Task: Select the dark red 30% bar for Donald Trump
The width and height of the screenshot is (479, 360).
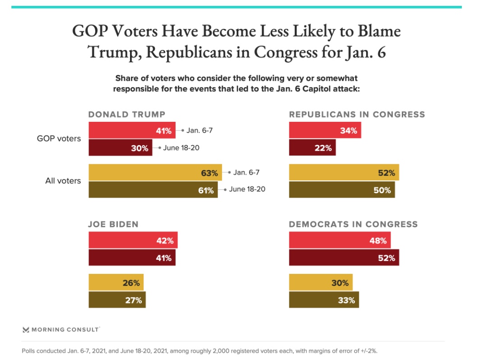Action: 121,148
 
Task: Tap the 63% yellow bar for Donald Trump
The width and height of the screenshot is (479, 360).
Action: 155,173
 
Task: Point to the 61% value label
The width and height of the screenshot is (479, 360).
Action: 206,190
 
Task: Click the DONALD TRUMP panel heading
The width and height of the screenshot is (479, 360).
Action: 127,114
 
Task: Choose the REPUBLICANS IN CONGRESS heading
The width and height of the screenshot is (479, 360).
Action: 357,114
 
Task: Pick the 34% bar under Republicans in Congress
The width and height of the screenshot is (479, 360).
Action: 325,131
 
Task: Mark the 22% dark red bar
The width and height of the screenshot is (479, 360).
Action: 312,148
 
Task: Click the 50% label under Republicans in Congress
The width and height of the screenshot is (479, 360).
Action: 382,190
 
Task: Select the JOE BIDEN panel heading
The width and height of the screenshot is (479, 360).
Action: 113,224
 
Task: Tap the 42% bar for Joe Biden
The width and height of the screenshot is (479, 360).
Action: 133,240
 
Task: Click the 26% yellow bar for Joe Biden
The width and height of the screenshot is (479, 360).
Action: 116,283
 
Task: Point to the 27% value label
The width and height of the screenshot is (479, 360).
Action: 134,300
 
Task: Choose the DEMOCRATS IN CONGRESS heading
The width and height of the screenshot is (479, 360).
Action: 353,224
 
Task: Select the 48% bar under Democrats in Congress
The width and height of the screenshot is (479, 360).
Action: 339,240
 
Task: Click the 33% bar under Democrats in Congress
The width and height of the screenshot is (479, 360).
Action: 324,300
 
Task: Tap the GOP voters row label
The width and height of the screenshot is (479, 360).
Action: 59,138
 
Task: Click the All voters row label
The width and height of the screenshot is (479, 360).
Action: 63,181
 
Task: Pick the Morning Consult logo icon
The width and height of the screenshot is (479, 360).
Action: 26,330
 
